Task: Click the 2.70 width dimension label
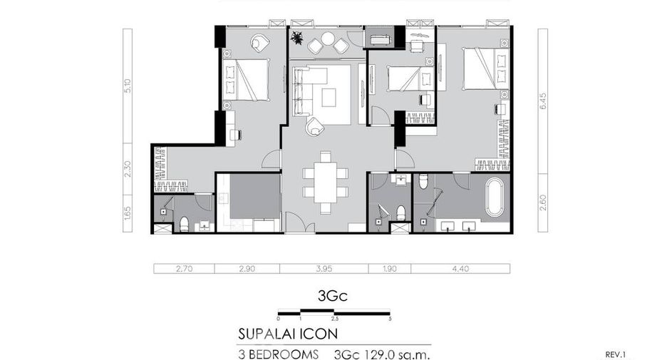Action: (x=184, y=269)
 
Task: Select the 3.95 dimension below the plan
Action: (x=324, y=269)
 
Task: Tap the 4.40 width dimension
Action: (x=460, y=269)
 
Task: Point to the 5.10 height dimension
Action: (x=128, y=86)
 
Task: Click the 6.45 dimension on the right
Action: (x=543, y=101)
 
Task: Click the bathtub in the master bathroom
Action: (x=495, y=197)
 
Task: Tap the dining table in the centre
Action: (x=326, y=182)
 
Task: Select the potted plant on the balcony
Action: (x=297, y=38)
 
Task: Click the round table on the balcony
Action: (x=328, y=38)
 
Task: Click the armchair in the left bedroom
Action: (x=260, y=43)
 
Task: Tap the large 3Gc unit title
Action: (x=333, y=296)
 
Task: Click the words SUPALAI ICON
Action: (x=288, y=334)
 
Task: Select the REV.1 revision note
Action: (x=616, y=354)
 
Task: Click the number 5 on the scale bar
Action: (x=390, y=319)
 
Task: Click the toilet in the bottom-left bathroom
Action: (x=184, y=225)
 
